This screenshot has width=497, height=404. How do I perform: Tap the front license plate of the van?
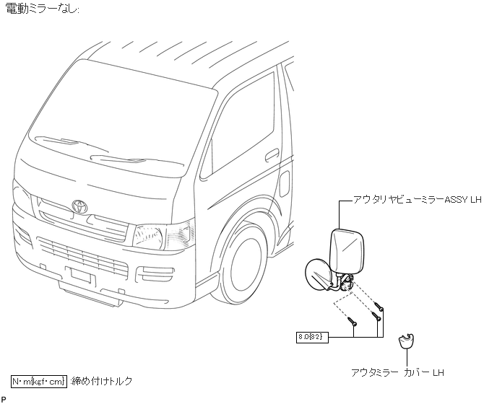(x=80, y=276)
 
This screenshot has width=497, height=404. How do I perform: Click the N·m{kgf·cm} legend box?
(x=38, y=380)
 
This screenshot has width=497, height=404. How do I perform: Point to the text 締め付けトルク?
(x=101, y=380)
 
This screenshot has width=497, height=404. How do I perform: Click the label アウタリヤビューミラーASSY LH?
(x=417, y=198)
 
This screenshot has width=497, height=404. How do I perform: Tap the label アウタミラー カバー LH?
(x=397, y=373)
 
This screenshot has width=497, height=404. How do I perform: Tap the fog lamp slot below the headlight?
(x=155, y=273)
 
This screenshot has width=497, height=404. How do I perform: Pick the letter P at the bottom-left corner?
(x=4, y=399)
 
